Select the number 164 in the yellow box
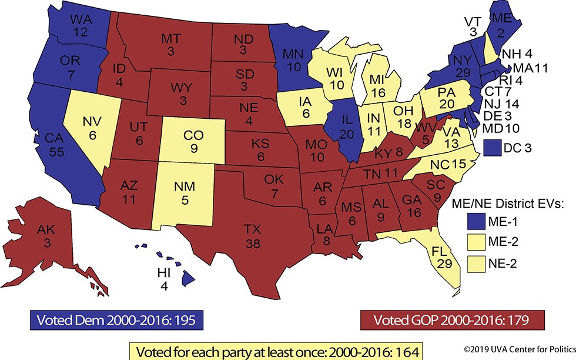404,351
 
